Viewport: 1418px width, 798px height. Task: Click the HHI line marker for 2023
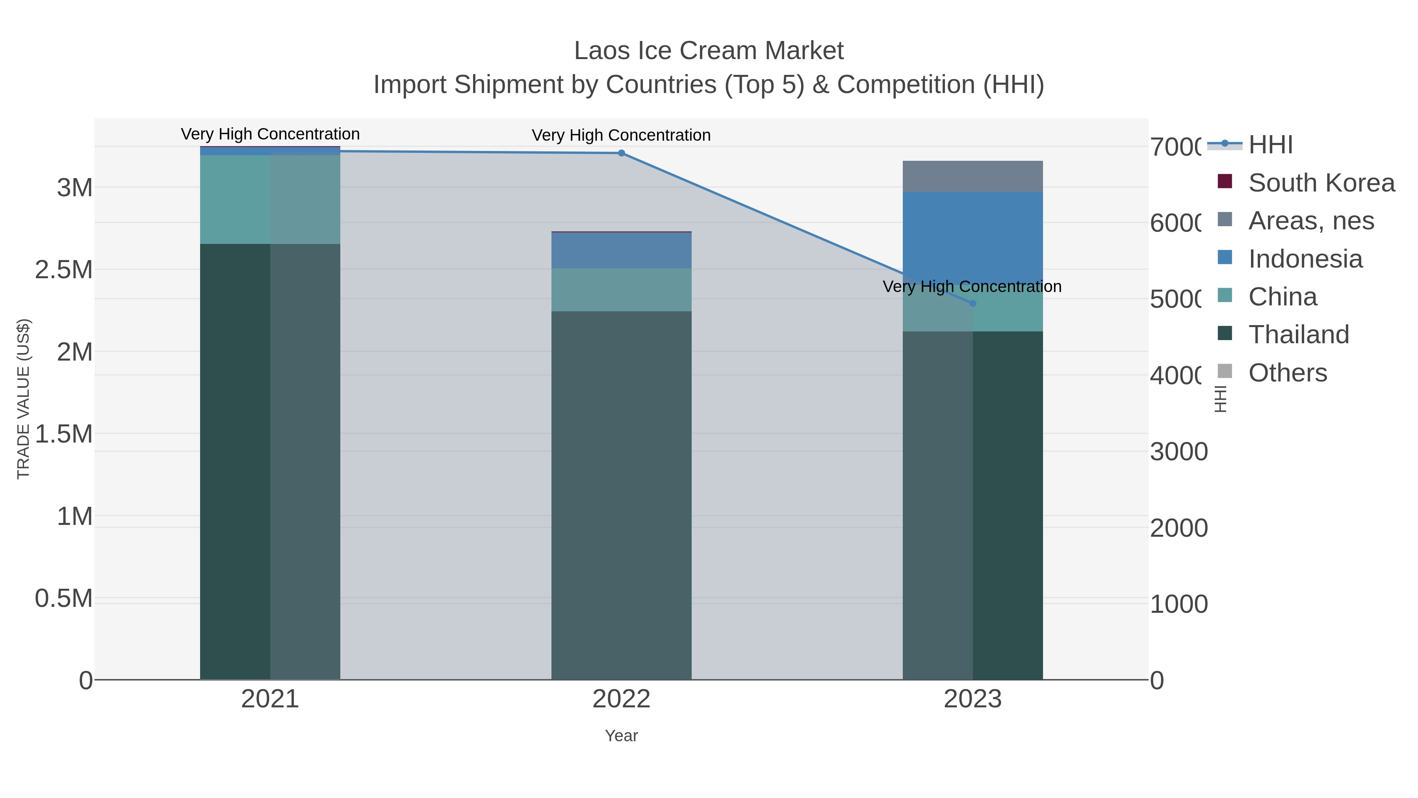coord(973,303)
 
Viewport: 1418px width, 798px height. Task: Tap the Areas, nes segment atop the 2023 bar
coord(973,176)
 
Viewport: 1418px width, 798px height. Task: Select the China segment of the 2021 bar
coord(270,199)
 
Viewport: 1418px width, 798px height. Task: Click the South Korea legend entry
coord(1321,183)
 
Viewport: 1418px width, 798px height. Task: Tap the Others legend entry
coord(1287,373)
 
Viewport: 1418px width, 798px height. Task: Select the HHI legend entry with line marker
coord(1270,145)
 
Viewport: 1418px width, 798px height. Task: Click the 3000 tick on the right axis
coord(1179,452)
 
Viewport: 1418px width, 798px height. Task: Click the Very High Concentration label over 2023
coord(972,286)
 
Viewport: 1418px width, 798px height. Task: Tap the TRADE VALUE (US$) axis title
coord(24,399)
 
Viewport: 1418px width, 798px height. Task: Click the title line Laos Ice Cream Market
coord(709,51)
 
